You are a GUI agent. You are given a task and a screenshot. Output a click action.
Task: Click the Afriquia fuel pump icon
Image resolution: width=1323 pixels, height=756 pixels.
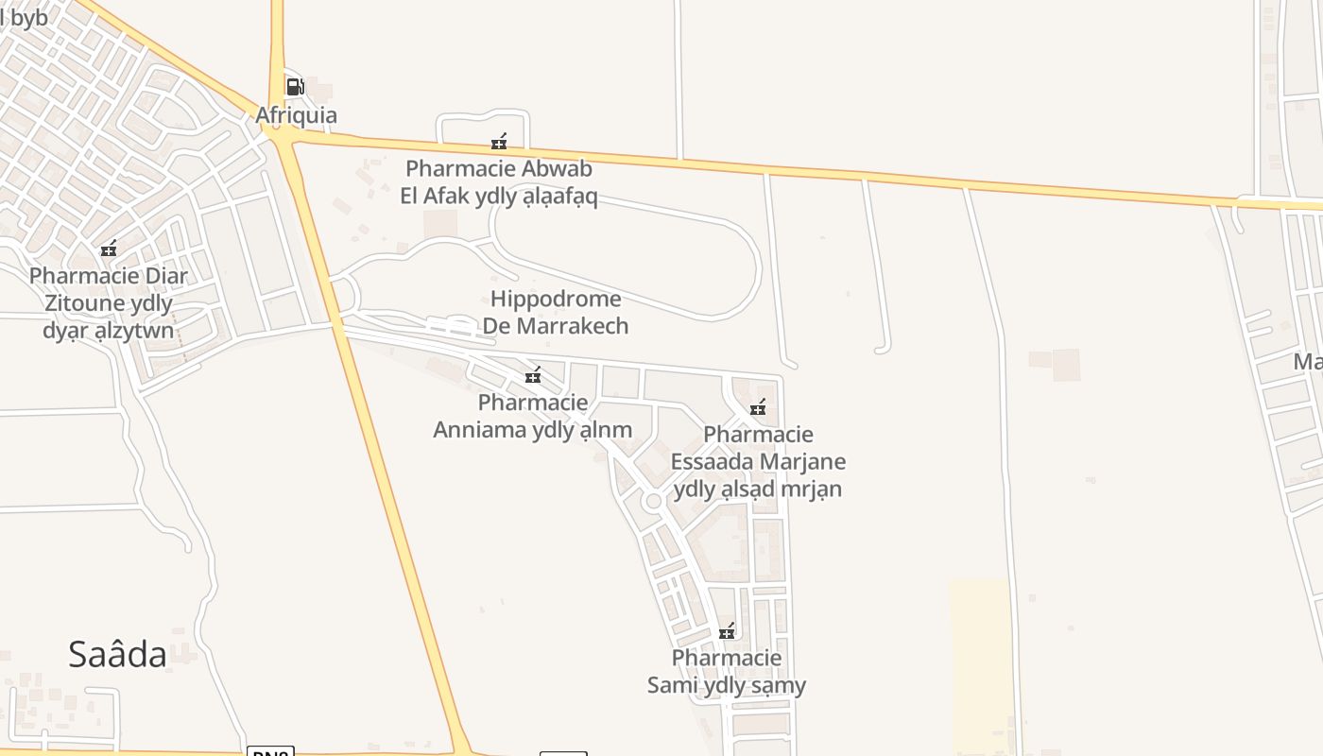pyautogui.click(x=295, y=87)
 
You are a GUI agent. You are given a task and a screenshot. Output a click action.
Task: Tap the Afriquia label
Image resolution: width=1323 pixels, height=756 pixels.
pyautogui.click(x=296, y=116)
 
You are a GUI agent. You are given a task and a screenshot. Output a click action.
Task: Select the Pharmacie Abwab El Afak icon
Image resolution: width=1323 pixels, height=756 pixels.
pyautogui.click(x=499, y=142)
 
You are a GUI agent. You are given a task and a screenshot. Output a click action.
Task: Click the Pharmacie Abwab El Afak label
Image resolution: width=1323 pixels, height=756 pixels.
pyautogui.click(x=500, y=182)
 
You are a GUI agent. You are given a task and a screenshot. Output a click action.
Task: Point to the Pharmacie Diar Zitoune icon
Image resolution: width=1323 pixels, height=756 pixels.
pyautogui.click(x=109, y=249)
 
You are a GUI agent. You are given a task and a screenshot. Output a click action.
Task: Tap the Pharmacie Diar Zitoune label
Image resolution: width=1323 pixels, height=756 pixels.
pyautogui.click(x=109, y=303)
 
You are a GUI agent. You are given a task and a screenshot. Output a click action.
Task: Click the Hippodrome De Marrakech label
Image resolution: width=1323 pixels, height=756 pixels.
pyautogui.click(x=556, y=313)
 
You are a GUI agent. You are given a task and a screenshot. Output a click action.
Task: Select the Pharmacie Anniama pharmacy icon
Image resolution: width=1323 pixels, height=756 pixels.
pyautogui.click(x=533, y=376)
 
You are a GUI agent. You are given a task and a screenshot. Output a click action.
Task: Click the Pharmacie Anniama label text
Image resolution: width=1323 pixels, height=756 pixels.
pyautogui.click(x=533, y=416)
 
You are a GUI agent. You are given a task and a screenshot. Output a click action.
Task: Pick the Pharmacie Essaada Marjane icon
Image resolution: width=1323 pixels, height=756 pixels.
pyautogui.click(x=758, y=408)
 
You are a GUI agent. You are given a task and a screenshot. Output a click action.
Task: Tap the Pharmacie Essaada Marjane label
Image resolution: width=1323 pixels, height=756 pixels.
pyautogui.click(x=758, y=461)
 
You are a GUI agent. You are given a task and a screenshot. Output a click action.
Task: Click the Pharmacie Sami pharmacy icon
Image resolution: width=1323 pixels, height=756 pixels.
pyautogui.click(x=727, y=631)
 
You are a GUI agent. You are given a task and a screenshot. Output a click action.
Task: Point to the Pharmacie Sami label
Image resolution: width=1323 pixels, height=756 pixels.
pyautogui.click(x=727, y=671)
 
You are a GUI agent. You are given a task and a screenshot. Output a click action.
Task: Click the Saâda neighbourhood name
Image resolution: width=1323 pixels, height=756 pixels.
pyautogui.click(x=117, y=654)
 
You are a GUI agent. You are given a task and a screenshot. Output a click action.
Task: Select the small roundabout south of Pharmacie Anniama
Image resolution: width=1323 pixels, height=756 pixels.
pyautogui.click(x=652, y=502)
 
